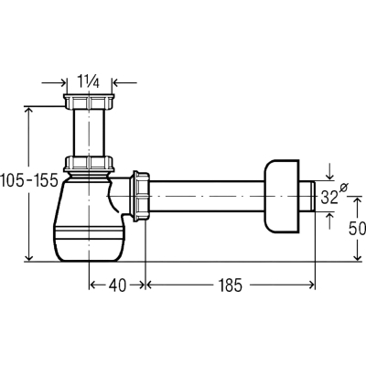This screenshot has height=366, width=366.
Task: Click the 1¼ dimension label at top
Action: (x=88, y=81)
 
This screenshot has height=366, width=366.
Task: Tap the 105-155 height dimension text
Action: (x=29, y=180)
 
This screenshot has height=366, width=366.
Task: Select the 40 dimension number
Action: (x=117, y=285)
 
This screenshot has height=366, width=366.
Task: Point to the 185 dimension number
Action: (x=230, y=285)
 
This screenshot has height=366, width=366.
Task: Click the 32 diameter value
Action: (x=329, y=198)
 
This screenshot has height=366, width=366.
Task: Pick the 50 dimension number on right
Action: (x=357, y=228)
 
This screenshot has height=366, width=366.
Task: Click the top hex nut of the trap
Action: (x=89, y=102)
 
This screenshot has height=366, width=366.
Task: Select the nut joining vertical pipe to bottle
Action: (x=89, y=164)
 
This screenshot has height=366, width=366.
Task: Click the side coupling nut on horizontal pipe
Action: (x=140, y=196)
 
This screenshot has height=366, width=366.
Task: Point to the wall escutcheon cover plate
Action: (x=281, y=197)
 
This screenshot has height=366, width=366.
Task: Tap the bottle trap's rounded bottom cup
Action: (x=89, y=241)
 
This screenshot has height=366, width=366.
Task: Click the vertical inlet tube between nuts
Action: (x=89, y=133)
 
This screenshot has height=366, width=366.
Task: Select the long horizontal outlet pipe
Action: (x=207, y=196)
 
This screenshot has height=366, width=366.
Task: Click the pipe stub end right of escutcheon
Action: (x=307, y=196)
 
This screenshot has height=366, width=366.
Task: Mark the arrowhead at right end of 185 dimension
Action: (x=312, y=285)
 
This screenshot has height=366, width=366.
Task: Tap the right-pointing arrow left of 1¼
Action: (x=54, y=82)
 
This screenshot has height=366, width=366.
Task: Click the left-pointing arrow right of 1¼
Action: (x=124, y=82)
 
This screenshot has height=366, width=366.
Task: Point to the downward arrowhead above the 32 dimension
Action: (x=329, y=177)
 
